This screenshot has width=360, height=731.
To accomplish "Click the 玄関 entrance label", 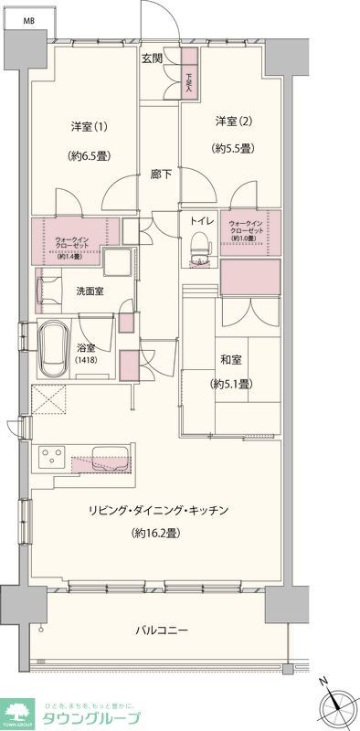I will pyautogui.click(x=152, y=59).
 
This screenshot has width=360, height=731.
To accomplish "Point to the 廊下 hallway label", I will pyautogui.click(x=162, y=173).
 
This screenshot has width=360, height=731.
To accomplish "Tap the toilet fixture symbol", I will pyautogui.click(x=200, y=247).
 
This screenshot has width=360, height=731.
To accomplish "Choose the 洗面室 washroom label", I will pyautogui.click(x=89, y=291).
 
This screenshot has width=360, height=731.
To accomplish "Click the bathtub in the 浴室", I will pyautogui.click(x=57, y=349).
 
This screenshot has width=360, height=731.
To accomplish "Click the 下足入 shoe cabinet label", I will pyautogui.click(x=189, y=83).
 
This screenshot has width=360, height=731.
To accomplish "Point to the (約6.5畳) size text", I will pyautogui.click(x=90, y=155).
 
